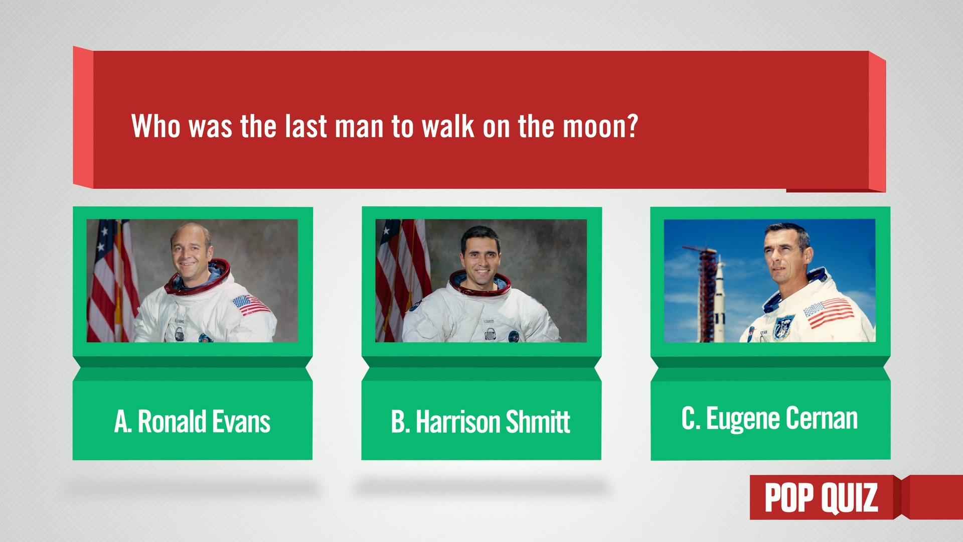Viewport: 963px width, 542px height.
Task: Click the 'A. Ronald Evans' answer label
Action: [x=192, y=421]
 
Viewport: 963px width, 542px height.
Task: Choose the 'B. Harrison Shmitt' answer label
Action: [x=480, y=422]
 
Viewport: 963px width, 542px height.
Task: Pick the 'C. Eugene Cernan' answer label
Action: [x=769, y=419]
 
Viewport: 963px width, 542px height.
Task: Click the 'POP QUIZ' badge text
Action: [x=821, y=498]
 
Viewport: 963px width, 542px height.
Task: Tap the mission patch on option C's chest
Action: [x=783, y=326]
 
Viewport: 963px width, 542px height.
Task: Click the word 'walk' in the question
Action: [x=447, y=126]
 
